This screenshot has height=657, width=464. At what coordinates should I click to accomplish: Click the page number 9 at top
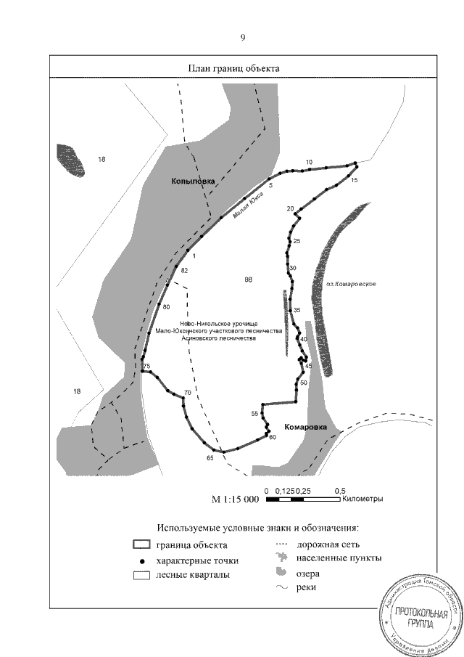pyautogui.click(x=243, y=38)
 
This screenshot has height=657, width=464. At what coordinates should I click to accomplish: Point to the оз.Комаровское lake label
pyautogui.click(x=349, y=283)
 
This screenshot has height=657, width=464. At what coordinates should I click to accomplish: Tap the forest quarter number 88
pyautogui.click(x=249, y=279)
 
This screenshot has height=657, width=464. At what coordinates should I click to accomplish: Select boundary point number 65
pyautogui.click(x=210, y=458)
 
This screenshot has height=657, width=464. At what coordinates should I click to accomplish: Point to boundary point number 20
pyautogui.click(x=291, y=209)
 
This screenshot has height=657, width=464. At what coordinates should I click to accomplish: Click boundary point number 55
pyautogui.click(x=254, y=414)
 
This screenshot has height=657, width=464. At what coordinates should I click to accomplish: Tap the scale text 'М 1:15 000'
pyautogui.click(x=234, y=499)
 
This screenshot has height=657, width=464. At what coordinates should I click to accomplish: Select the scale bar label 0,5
pyautogui.click(x=339, y=490)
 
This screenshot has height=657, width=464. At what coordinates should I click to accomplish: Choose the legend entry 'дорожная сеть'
pyautogui.click(x=328, y=544)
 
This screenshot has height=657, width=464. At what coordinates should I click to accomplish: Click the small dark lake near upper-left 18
pyautogui.click(x=70, y=160)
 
